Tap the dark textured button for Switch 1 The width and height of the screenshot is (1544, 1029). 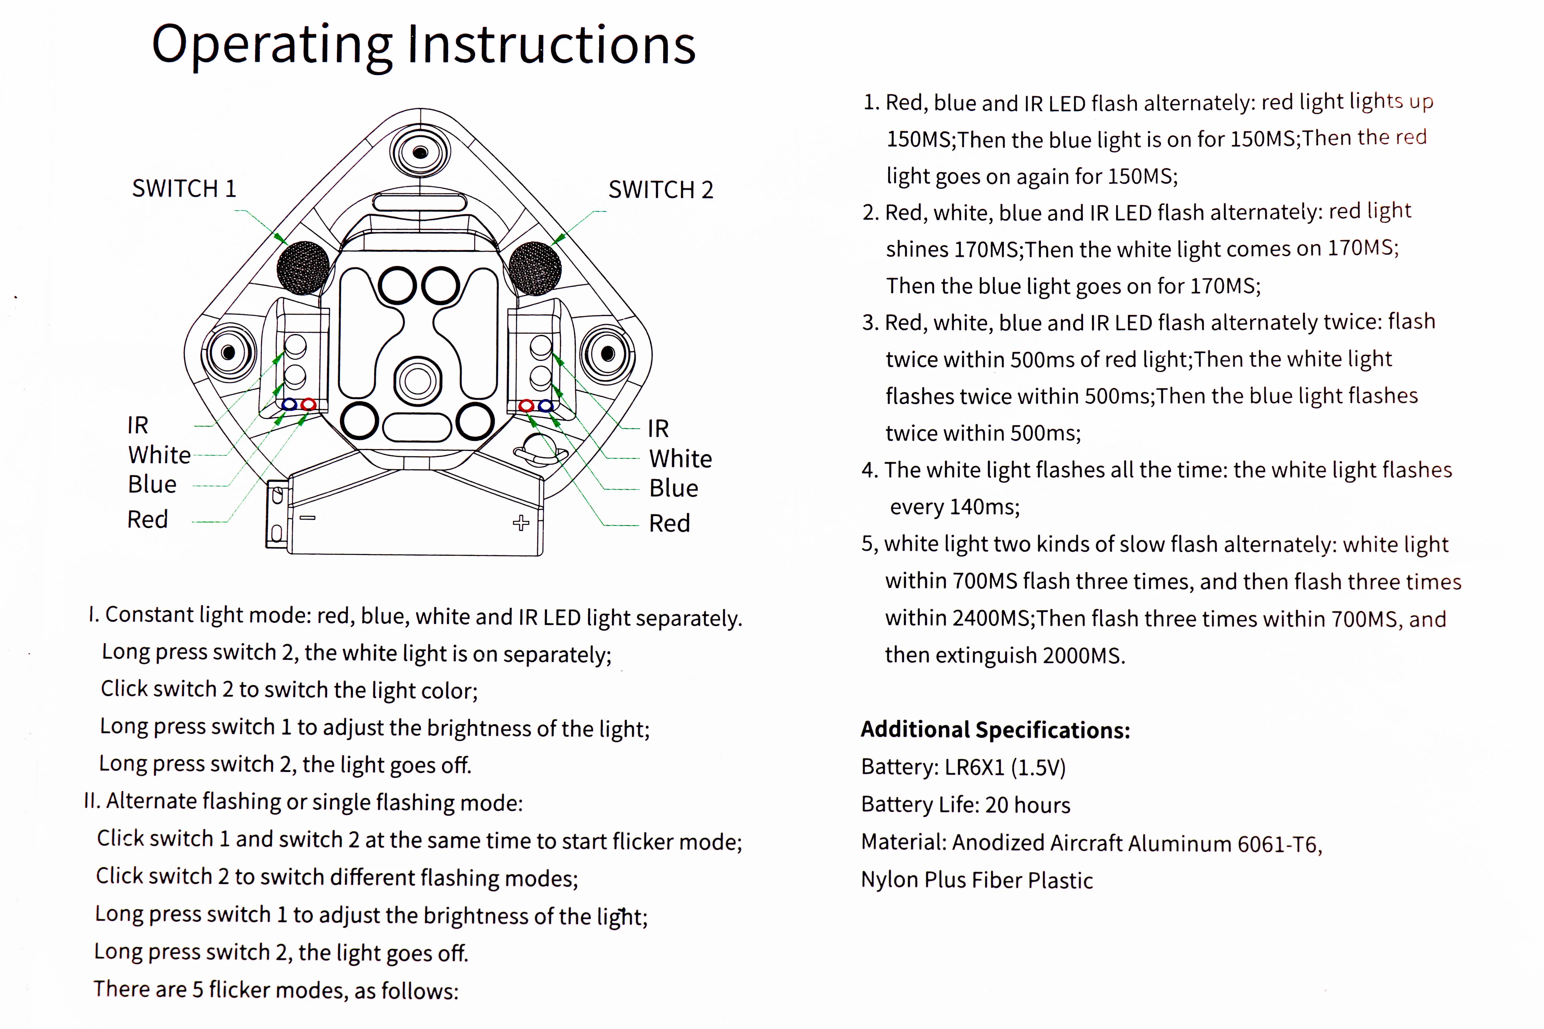tap(303, 268)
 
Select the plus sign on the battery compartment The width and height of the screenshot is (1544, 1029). tap(521, 523)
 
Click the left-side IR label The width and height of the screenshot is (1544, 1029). tap(138, 425)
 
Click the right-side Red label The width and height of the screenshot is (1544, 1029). tap(669, 523)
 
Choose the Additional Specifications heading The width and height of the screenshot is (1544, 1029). tap(995, 730)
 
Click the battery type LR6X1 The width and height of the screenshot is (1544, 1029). tap(974, 767)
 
